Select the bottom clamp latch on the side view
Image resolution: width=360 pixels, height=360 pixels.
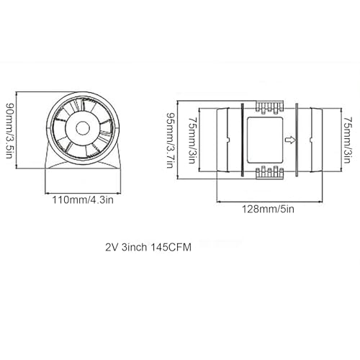point(267,173)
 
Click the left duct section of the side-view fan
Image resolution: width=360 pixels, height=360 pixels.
point(225,139)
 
